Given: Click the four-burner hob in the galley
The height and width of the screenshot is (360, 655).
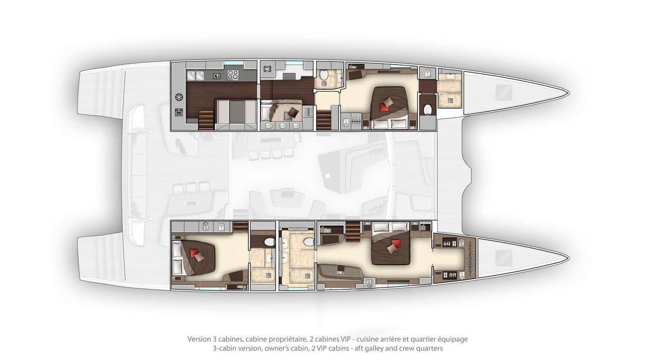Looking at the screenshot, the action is pos(233,75).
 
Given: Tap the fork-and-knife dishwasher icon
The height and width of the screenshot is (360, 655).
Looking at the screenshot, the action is pos(217,76).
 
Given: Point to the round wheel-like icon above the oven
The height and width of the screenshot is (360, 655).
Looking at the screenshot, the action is pos(179,97).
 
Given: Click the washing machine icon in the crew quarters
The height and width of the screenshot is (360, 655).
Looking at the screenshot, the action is pos(268,69).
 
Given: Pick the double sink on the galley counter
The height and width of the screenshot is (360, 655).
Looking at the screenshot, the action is pos(196,75).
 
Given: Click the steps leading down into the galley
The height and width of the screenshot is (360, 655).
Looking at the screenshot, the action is pos(206,120).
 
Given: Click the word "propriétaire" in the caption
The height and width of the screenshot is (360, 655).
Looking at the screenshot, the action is pos(293,339).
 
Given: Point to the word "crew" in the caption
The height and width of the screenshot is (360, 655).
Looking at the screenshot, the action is pos(409,349).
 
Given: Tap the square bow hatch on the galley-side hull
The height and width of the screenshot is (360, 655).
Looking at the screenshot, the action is pos(503,92).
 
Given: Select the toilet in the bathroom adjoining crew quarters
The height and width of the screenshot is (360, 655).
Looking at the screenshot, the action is pos(324,75).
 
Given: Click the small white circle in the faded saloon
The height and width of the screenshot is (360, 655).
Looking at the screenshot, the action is pos(328,176).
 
